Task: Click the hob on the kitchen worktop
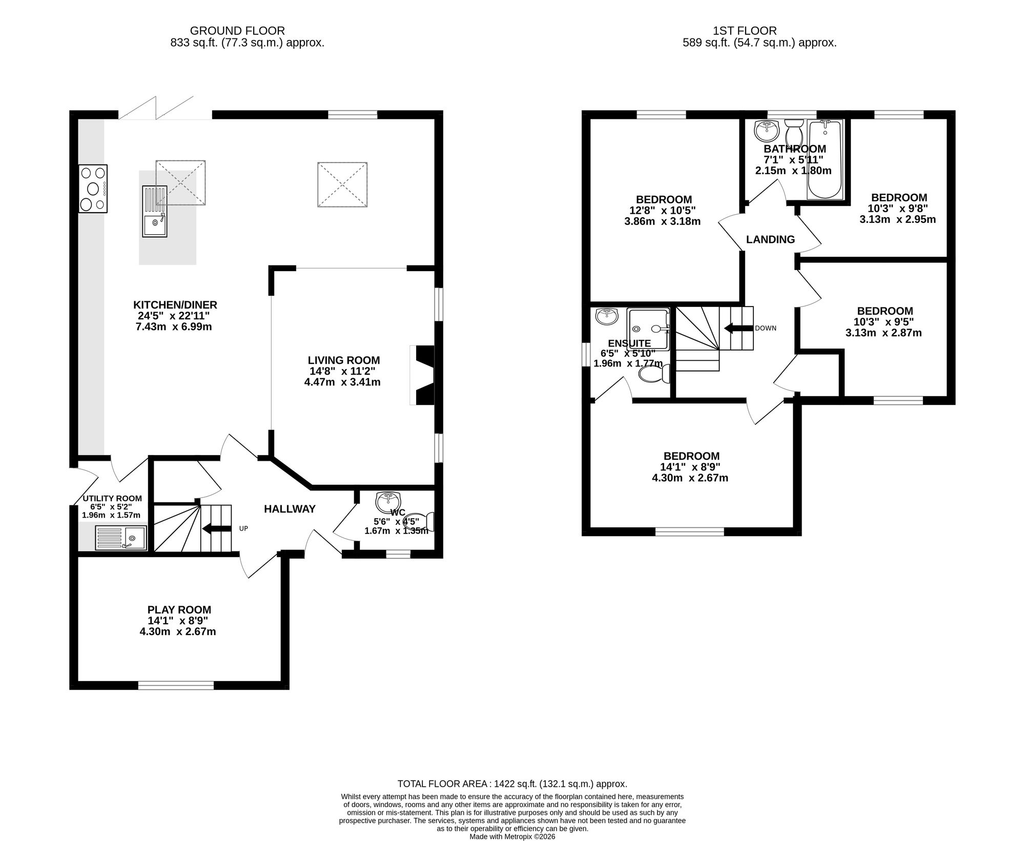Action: coord(93,188)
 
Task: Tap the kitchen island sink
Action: coord(155,211)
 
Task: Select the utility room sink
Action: coord(121,538)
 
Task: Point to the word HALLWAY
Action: coord(290,509)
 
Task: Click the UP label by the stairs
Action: coord(243,528)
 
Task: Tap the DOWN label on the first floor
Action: coord(766,328)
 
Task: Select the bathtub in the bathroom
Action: coord(825,159)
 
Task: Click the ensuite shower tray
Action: coord(648,329)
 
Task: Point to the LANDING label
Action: coord(770,239)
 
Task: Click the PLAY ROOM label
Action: coord(179,610)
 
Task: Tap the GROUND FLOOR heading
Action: coord(237,31)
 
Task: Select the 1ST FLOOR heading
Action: coord(759,31)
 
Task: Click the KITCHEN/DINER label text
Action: coord(175,305)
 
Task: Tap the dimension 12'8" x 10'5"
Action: coord(663,210)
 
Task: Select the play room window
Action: coord(176,685)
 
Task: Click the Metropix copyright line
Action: coord(512,836)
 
